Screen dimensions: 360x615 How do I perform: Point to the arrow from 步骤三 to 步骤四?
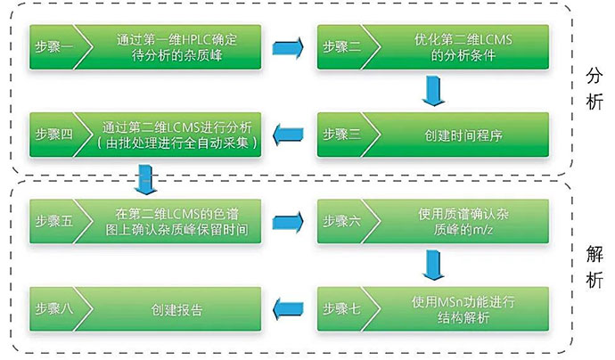pyautogui.click(x=286, y=134)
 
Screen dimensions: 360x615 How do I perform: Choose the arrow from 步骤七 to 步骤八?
pyautogui.click(x=286, y=309)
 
